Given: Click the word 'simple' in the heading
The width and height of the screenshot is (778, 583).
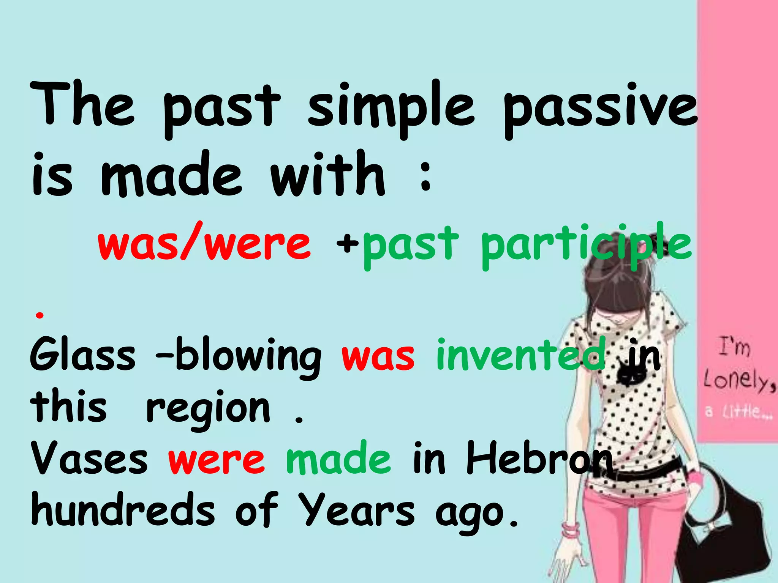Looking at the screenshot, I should (391, 108).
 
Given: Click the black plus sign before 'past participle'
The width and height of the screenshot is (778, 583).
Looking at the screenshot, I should (347, 243).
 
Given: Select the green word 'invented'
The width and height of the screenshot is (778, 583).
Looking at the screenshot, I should (520, 355).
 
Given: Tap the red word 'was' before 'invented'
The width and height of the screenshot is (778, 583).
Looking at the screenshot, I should (378, 357).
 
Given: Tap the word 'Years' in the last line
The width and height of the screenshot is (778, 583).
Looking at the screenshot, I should (356, 511).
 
